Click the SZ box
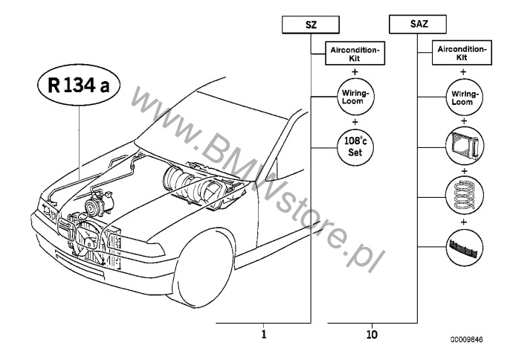coord(311,25)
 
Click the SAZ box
coord(418,24)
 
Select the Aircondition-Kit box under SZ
coord(355,54)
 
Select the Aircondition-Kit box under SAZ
coord(462,53)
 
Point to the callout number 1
coord(263,334)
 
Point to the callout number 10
coord(372,334)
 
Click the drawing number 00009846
coord(466,340)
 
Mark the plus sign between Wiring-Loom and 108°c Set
coord(355,122)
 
